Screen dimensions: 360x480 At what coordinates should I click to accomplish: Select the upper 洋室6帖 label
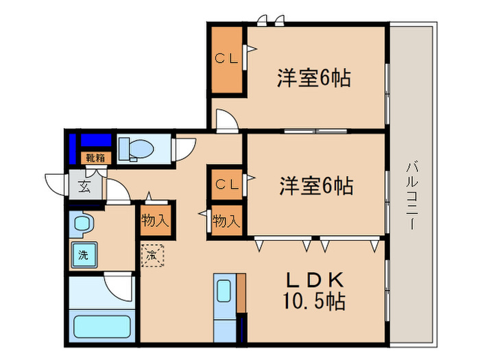coord(314,78)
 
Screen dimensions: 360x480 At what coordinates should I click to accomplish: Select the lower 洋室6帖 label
coord(316,185)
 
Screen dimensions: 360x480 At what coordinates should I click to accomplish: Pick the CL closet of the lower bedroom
coord(226,184)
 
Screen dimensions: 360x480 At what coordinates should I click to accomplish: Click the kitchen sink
coord(224,291)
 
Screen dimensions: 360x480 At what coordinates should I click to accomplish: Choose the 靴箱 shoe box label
coord(95,157)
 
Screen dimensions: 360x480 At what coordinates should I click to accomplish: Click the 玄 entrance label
coord(83,185)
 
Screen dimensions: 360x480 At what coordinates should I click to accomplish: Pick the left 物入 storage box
coord(155,220)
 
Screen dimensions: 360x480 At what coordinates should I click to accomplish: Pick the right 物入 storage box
coord(226,221)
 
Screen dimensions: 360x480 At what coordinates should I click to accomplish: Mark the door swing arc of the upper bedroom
coord(226,119)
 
